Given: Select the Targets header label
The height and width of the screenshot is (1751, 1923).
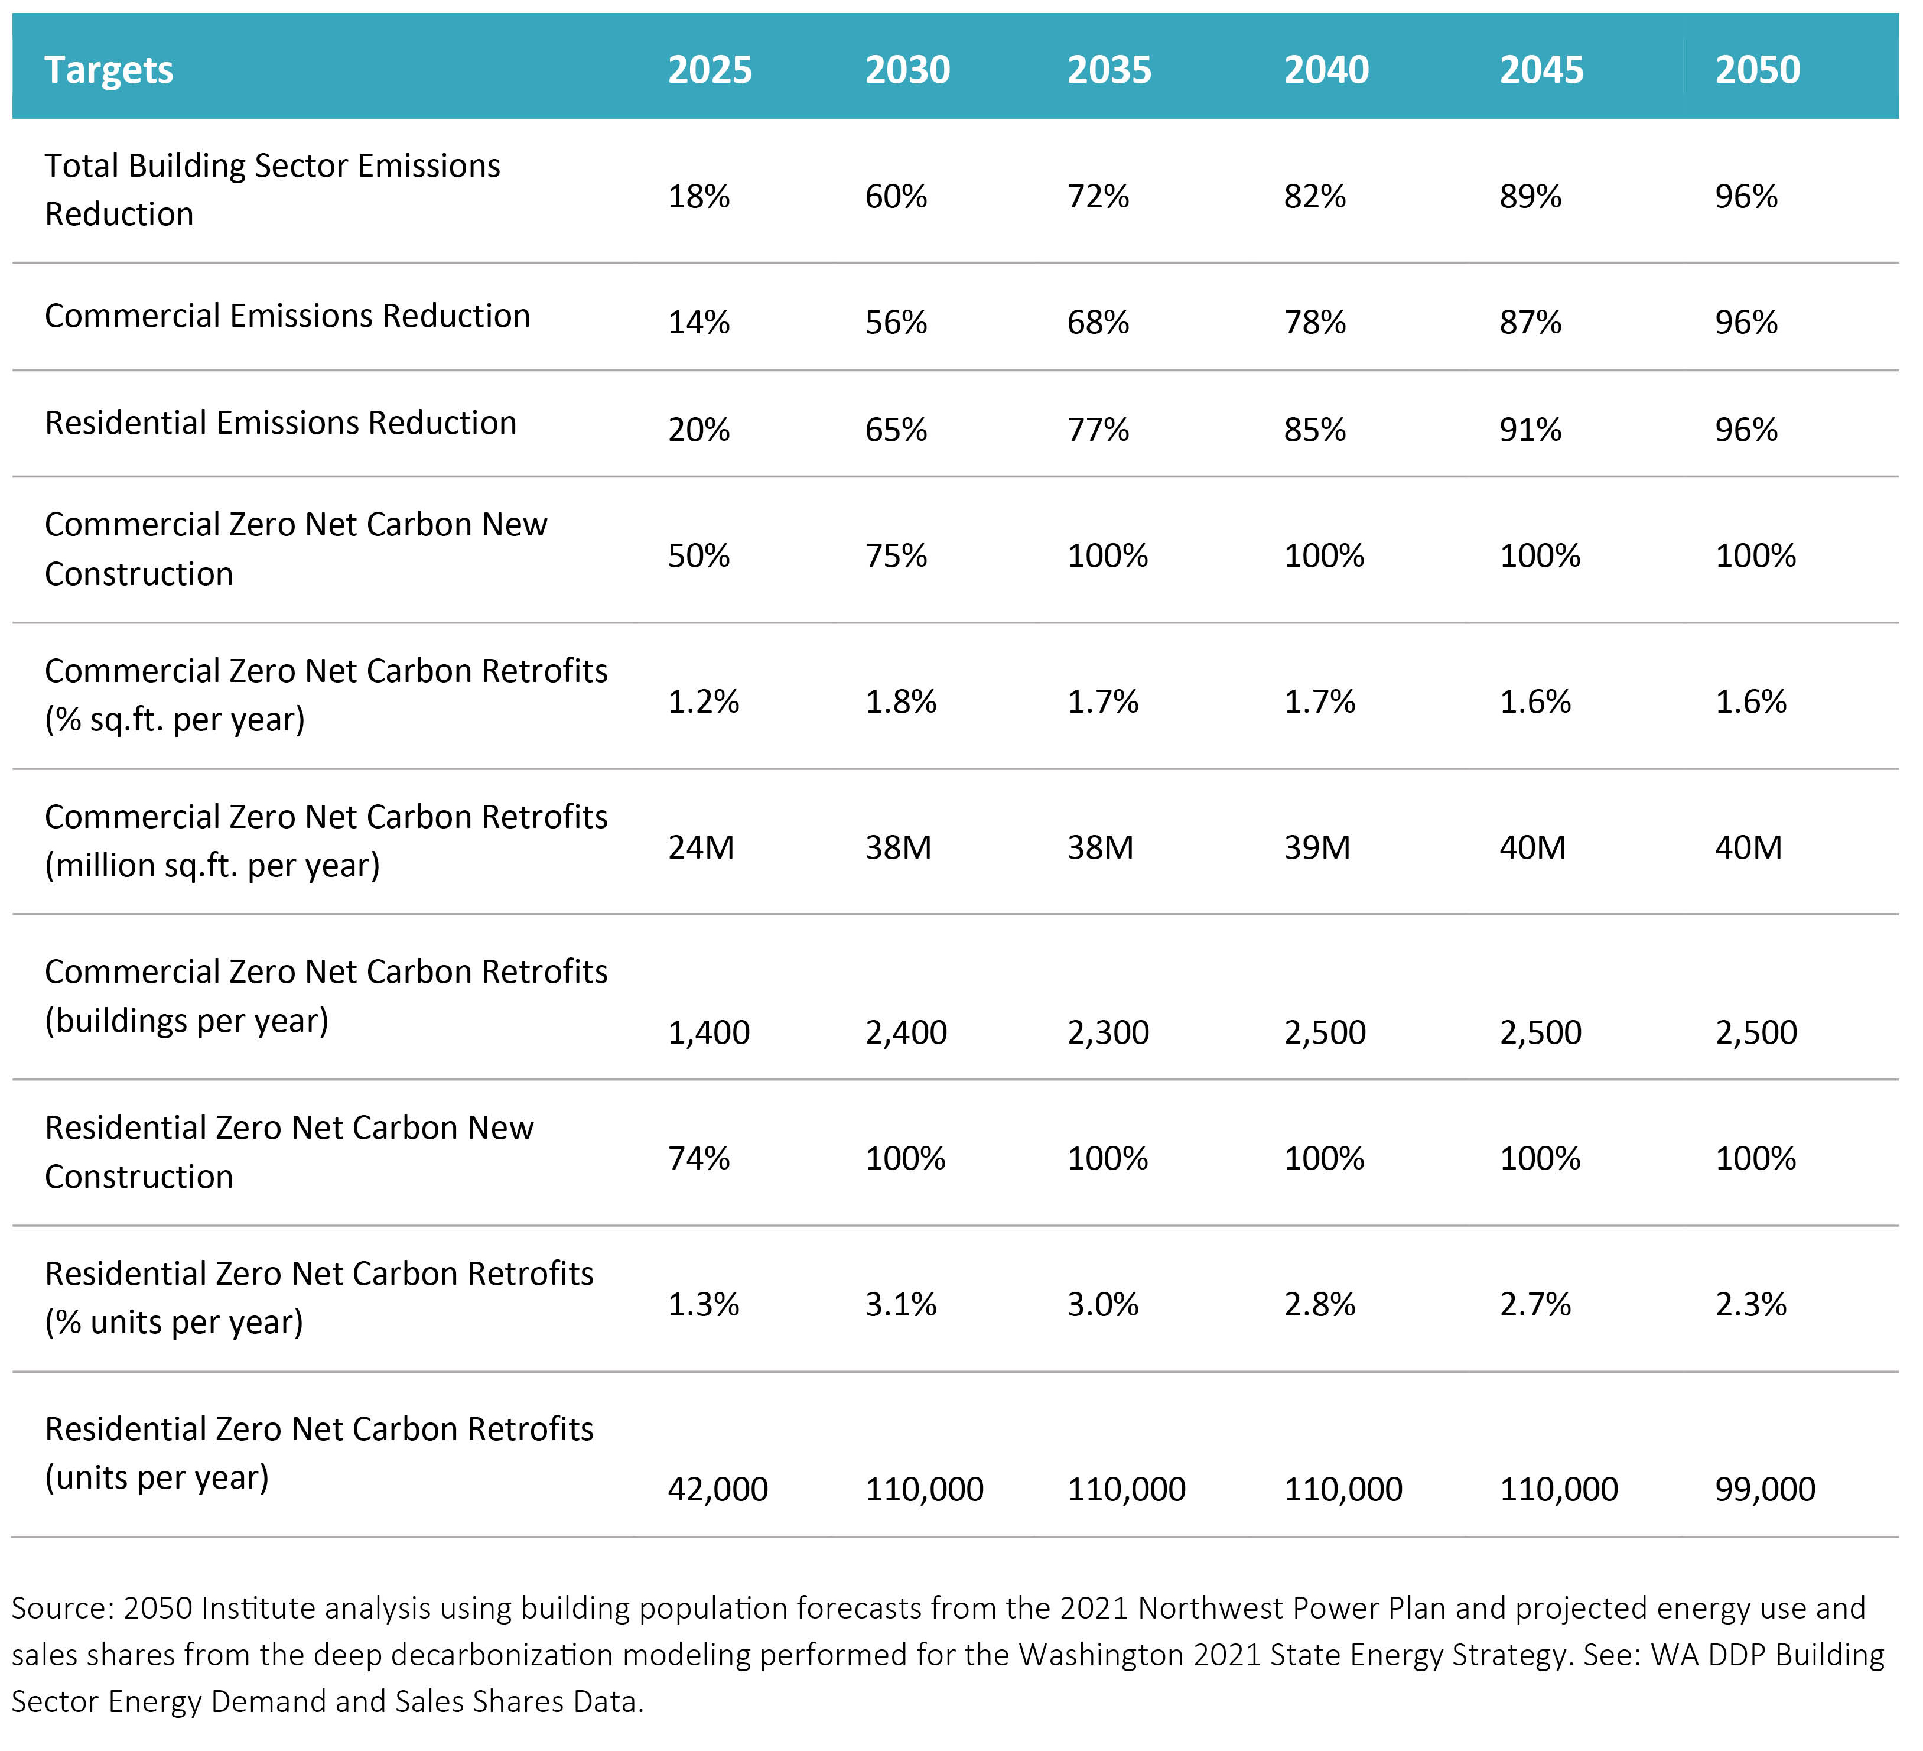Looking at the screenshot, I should [109, 70].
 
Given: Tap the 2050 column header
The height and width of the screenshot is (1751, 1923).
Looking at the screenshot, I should [1757, 70].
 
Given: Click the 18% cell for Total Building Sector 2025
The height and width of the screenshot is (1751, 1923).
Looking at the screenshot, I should [698, 197].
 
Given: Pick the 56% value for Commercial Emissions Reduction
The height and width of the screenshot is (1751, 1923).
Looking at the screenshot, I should [896, 323].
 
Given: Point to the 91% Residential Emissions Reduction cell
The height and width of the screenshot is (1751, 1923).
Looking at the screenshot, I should [1530, 430].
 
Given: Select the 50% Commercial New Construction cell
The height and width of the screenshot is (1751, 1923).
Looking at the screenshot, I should [698, 555].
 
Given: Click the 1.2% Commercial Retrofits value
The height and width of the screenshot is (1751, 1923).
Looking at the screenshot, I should [703, 701].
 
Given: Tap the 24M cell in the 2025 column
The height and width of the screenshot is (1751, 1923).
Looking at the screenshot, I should [701, 847].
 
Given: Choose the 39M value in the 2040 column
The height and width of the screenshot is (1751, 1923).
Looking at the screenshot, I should [1316, 847].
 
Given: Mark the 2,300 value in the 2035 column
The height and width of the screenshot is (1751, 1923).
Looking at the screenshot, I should [1108, 1032].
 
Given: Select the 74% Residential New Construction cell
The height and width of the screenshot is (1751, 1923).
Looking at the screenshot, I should [698, 1158].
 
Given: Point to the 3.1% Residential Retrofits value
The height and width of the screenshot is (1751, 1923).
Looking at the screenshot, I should [900, 1304].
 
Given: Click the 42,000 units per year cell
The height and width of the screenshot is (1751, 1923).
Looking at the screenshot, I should [717, 1489].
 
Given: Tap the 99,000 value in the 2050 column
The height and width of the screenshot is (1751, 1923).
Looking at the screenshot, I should [1765, 1489].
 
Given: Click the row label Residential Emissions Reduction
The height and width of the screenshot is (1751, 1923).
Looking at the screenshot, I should [281, 423].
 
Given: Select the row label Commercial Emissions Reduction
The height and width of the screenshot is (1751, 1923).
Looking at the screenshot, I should [287, 316].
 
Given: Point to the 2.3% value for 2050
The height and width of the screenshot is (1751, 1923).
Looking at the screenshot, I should [1750, 1304].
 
